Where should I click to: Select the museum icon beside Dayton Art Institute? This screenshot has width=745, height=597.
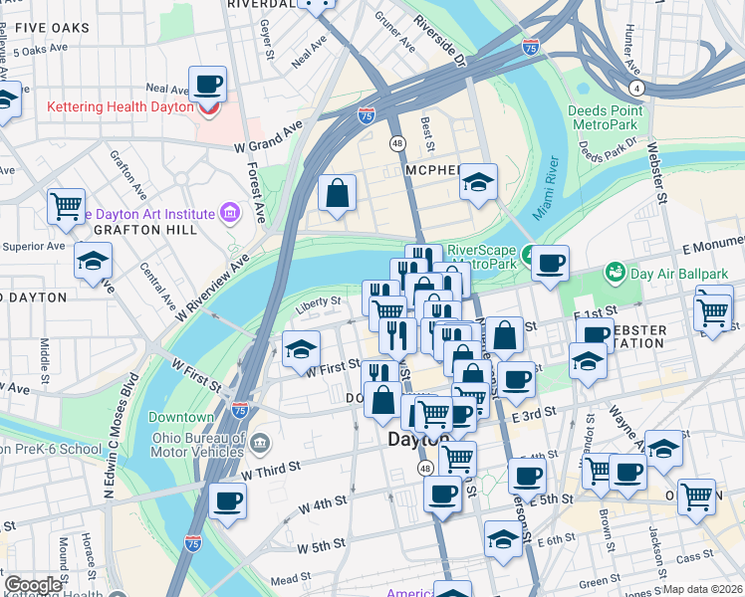[x=231, y=213]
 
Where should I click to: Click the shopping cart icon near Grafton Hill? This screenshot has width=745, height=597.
[x=66, y=206]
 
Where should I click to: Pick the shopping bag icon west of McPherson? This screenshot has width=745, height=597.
[x=338, y=192]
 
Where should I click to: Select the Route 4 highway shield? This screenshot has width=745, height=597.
[x=635, y=89]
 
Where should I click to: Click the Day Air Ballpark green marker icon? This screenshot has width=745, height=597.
[x=616, y=271]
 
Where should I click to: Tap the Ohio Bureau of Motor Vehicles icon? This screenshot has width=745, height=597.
[x=260, y=442]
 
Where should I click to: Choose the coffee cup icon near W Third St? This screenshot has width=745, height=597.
[x=227, y=500]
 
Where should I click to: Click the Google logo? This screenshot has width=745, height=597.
[x=33, y=585]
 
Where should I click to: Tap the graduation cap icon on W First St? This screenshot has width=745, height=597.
[x=300, y=349]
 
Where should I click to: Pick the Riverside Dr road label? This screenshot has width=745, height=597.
[x=442, y=40]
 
